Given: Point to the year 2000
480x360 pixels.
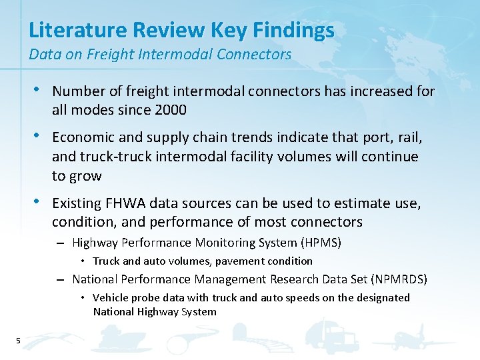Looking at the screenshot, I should pos(170,110).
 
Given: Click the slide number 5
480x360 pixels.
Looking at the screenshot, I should pos(18,342).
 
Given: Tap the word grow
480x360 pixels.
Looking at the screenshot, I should pos(87,177).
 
